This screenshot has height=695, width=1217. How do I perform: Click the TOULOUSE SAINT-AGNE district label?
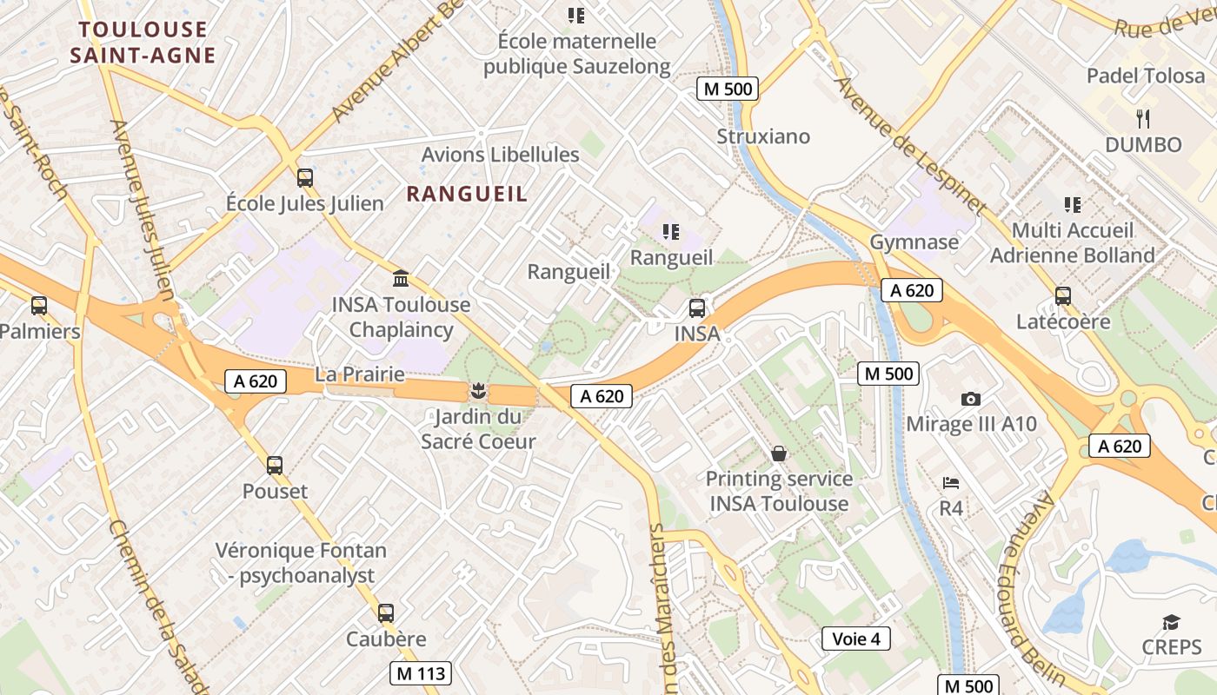click(143, 43)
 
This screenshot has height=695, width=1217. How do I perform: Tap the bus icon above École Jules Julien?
click(304, 178)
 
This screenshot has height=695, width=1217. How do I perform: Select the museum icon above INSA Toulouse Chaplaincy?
click(401, 279)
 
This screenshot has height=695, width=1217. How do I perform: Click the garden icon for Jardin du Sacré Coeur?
click(476, 390)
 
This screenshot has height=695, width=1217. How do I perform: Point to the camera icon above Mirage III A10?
click(971, 399)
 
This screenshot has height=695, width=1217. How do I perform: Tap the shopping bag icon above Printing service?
click(779, 453)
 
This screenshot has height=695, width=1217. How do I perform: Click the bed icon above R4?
click(951, 482)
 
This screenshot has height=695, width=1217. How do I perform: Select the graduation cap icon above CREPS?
click(1171, 622)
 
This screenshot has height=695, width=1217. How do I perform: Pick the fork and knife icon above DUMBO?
click(1143, 118)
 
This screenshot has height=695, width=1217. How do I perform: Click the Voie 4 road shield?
click(856, 639)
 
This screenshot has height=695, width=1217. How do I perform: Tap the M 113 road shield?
click(421, 672)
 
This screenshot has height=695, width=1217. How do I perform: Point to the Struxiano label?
click(763, 136)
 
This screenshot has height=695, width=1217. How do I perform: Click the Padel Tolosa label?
click(1146, 76)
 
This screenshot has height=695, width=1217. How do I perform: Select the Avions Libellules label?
click(500, 155)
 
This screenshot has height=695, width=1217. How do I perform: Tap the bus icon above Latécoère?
click(1063, 296)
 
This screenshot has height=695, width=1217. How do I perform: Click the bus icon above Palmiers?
click(38, 306)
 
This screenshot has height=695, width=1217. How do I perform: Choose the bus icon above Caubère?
click(386, 613)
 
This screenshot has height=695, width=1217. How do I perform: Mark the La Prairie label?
click(360, 374)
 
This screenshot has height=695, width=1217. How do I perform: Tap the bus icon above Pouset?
click(275, 466)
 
